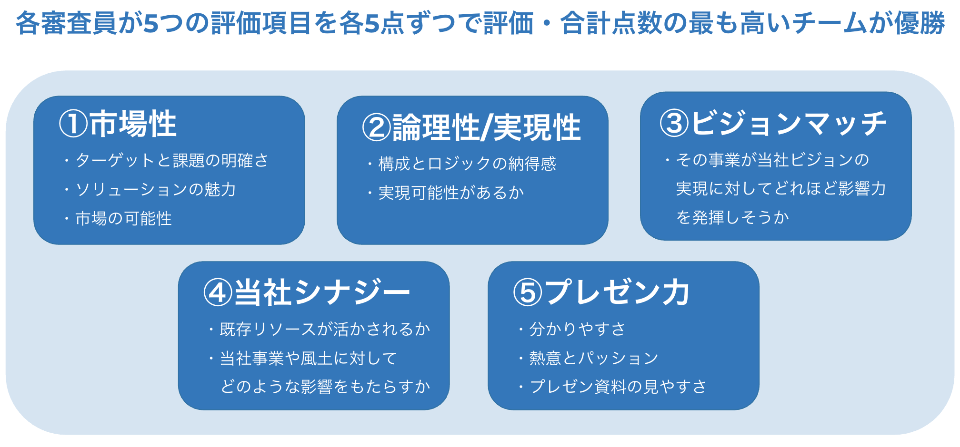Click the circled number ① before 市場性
(73, 124)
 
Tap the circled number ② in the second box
(377, 128)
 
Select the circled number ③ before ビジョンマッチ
(674, 123)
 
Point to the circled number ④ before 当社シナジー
(218, 293)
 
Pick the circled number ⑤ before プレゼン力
(528, 293)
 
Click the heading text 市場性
(133, 124)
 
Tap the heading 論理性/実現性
(486, 128)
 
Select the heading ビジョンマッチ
(789, 123)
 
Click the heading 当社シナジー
(322, 293)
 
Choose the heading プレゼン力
(618, 293)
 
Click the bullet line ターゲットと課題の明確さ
(172, 161)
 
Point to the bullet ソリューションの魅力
(156, 190)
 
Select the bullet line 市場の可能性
(123, 219)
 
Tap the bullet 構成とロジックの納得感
(467, 164)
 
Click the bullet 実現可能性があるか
(451, 193)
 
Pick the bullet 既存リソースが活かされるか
(325, 329)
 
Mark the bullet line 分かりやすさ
(577, 329)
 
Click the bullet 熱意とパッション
(593, 358)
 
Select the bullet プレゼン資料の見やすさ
(618, 387)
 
